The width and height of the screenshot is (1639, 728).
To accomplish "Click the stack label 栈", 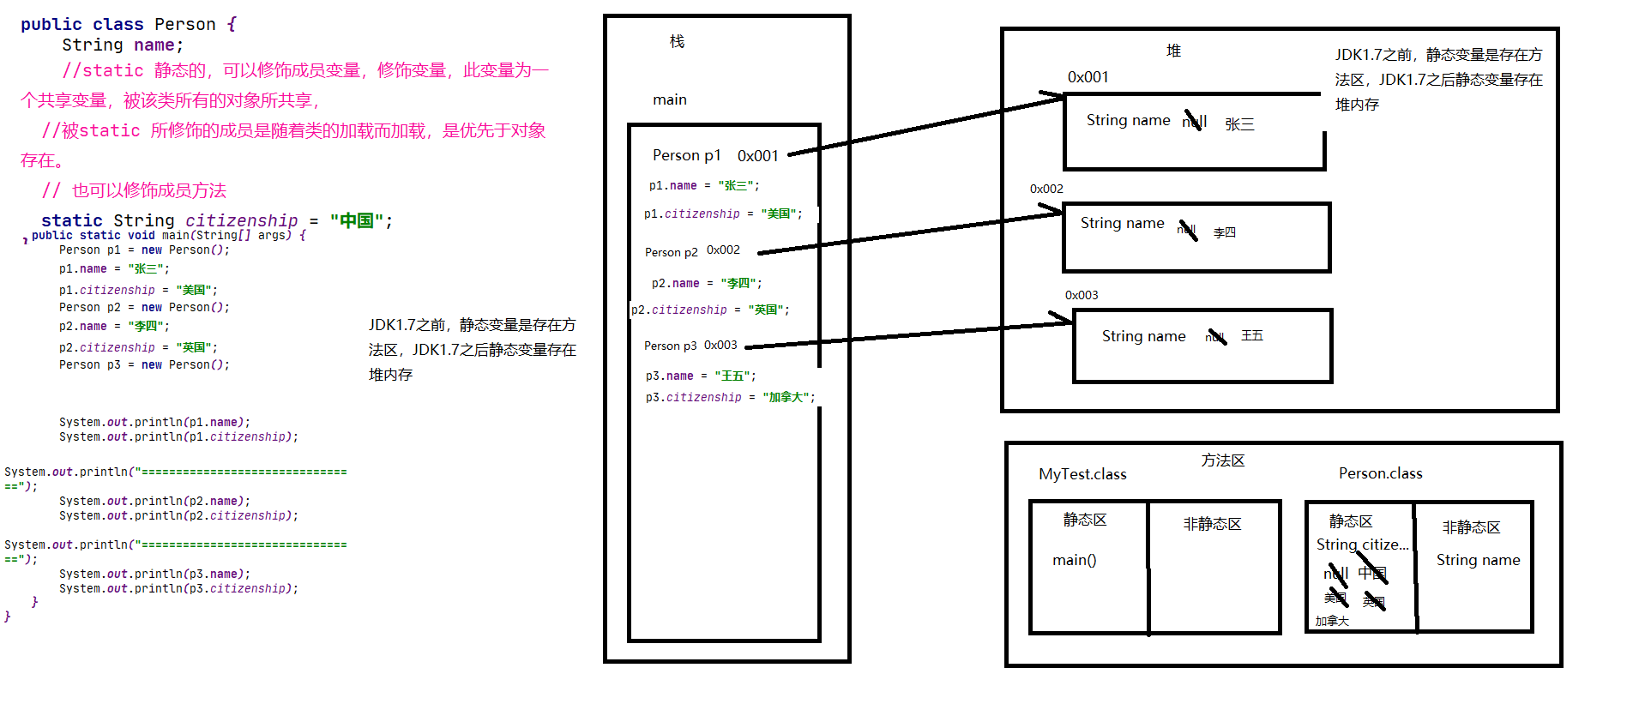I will tap(677, 41).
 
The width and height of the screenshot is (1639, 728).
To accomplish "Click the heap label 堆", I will tap(1173, 51).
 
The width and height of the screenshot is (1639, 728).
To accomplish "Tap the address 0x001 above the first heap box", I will tap(1088, 77).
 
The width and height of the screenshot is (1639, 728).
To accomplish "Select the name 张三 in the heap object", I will tap(1239, 124).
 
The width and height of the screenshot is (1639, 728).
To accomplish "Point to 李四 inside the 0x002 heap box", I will tap(1224, 232).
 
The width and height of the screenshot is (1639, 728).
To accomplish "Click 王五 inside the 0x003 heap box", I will tap(1251, 335).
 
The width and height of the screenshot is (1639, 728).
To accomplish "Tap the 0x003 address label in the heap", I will tap(1081, 295).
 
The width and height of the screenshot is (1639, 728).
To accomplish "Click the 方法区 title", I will tap(1222, 460).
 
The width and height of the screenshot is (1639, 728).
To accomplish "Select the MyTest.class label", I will tap(1082, 474).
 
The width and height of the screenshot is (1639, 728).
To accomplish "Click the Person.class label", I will tap(1380, 473).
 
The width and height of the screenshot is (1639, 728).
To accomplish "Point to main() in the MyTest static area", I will tap(1074, 560).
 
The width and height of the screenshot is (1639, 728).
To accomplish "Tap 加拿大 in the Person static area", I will tap(1332, 621).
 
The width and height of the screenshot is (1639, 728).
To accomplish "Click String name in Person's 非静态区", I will tap(1478, 560).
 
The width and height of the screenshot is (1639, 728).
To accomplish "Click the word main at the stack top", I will tap(669, 99).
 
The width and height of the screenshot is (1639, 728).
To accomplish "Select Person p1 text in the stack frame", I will tap(686, 155).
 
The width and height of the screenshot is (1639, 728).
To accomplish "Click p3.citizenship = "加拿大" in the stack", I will tap(730, 397).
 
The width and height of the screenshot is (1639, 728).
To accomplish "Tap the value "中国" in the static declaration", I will tap(356, 221).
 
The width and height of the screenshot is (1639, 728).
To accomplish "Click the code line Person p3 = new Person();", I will tap(144, 364).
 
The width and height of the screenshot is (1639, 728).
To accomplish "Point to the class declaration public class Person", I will tap(118, 24).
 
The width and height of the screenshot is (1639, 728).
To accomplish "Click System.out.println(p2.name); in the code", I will tap(154, 501).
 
